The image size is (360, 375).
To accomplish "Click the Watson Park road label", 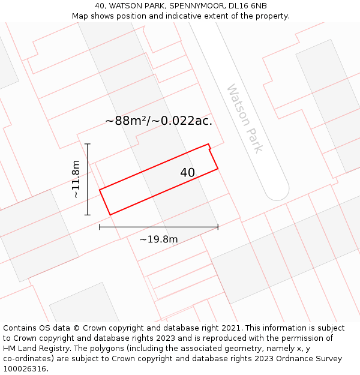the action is pos(245,118).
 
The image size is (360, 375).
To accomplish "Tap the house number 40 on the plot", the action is pos(187,173).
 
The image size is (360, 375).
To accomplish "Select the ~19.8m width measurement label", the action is pos(158,239).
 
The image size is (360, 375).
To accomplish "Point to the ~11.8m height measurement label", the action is pos(76,179).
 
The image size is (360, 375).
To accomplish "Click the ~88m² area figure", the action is pos(127,121).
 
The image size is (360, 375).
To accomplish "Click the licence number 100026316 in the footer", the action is pos(25,369).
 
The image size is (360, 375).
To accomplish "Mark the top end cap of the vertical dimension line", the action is pos(88,144).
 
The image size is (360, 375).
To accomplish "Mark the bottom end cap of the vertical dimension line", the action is pos(88,215).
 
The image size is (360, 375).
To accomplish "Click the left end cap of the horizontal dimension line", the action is pos(100,227).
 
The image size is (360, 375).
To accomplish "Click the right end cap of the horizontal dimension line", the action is pos(218,227).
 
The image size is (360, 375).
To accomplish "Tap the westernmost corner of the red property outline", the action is pos(100,190).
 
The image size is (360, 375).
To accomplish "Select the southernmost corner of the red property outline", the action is pos(110,214).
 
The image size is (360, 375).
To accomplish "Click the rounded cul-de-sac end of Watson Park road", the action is pos(278,192).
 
